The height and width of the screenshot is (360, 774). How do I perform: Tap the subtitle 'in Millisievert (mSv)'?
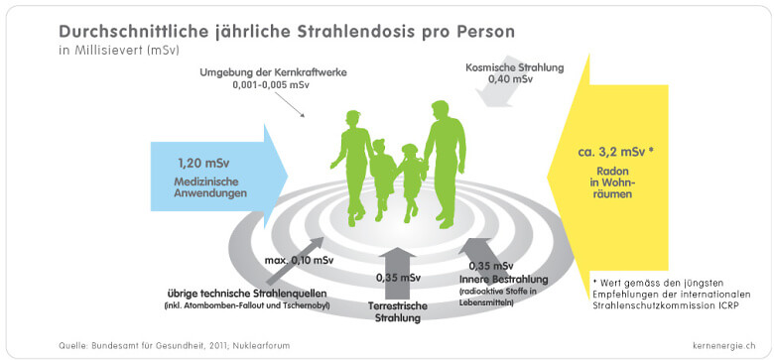coord(119,49)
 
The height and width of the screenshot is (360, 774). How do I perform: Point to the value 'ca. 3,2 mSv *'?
coord(620,153)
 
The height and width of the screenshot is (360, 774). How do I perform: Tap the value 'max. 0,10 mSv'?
coord(302,261)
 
